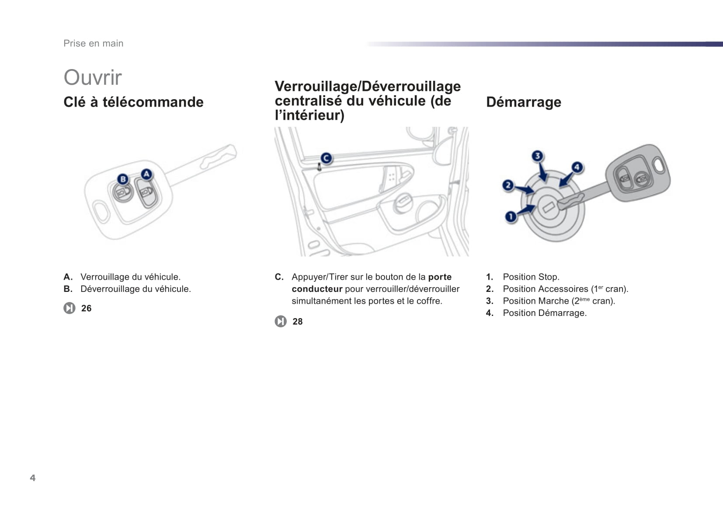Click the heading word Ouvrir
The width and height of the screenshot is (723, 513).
click(93, 78)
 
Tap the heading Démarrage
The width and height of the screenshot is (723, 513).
click(523, 102)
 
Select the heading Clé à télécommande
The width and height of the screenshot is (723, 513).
click(133, 102)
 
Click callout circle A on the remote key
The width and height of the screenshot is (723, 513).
click(146, 174)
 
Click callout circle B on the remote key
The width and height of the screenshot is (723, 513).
click(123, 179)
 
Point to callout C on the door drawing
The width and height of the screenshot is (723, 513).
click(326, 158)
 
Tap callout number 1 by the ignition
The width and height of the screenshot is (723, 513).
click(510, 216)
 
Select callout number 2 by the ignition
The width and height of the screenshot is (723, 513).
click(507, 185)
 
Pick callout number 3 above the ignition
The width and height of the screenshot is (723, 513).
click(537, 156)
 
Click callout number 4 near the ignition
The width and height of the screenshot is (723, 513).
click(577, 167)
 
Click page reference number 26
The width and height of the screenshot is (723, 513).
click(87, 308)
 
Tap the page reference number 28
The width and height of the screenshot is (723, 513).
click(298, 322)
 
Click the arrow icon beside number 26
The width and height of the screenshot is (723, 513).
click(69, 308)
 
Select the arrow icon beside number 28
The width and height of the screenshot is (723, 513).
click(280, 322)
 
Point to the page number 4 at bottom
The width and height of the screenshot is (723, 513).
click(33, 478)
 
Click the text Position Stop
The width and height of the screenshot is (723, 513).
click(531, 277)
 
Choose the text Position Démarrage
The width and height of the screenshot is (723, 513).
click(544, 313)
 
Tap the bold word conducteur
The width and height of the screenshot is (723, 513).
click(317, 289)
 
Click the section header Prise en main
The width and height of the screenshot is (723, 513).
click(94, 43)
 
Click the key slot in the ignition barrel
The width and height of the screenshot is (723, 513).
click(548, 207)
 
